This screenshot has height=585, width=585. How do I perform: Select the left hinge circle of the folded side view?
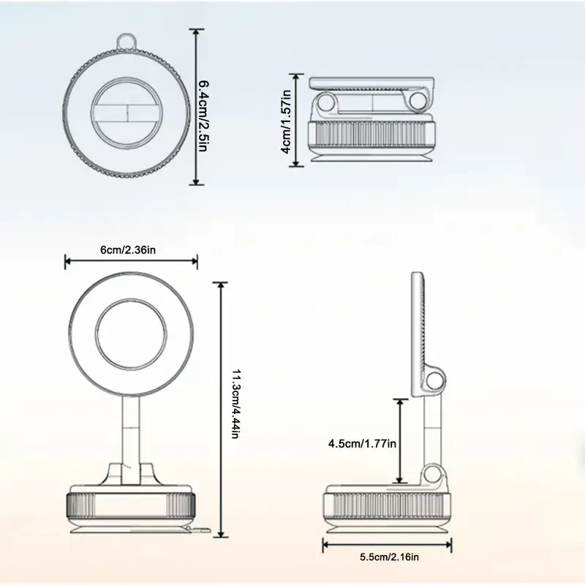(327, 102)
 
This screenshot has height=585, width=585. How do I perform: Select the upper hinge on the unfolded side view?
(437, 380)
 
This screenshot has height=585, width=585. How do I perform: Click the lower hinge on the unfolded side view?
(437, 475)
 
